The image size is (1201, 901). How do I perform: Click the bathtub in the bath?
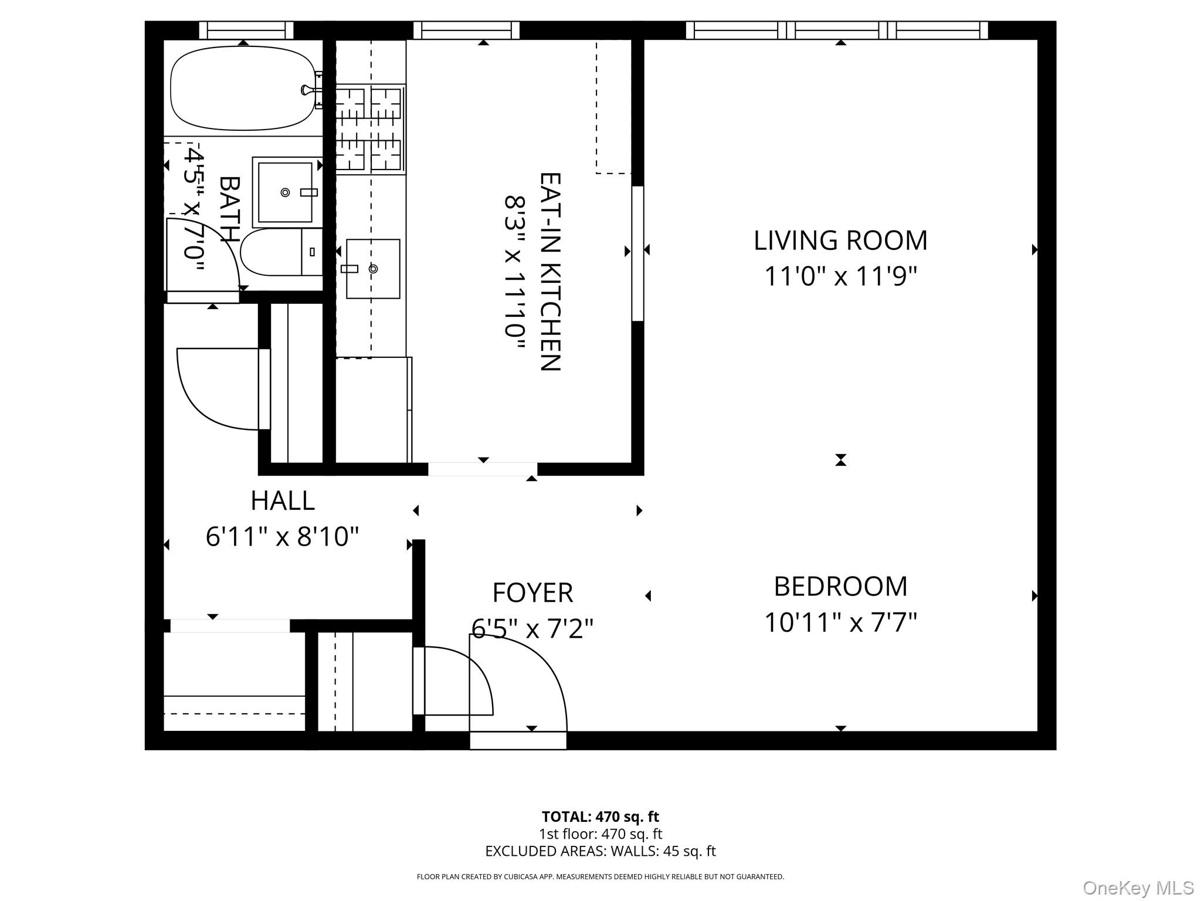pyautogui.click(x=242, y=89)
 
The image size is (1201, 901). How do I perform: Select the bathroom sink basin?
pyautogui.click(x=286, y=192)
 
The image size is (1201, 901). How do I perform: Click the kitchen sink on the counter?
pyautogui.click(x=373, y=269)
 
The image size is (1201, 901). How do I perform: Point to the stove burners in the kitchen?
pyautogui.click(x=369, y=129)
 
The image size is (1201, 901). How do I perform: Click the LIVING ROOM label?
pyautogui.click(x=840, y=241)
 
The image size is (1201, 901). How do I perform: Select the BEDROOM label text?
pyautogui.click(x=840, y=587)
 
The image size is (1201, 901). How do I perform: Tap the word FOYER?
pyautogui.click(x=532, y=592)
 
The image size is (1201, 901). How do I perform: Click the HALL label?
pyautogui.click(x=282, y=501)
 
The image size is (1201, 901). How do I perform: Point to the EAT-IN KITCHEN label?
pyautogui.click(x=550, y=271)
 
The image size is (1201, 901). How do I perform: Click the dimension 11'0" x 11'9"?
pyautogui.click(x=840, y=276)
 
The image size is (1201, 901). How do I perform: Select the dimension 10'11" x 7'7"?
pyautogui.click(x=840, y=622)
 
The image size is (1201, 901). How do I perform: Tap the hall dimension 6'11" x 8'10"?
pyautogui.click(x=282, y=536)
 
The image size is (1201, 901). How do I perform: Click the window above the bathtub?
pyautogui.click(x=246, y=30)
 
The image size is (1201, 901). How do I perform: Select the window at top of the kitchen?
pyautogui.click(x=466, y=30)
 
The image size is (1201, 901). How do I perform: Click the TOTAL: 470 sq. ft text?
pyautogui.click(x=600, y=817)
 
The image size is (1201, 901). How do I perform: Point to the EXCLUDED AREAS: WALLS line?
pyautogui.click(x=600, y=851)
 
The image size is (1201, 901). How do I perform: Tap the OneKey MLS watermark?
pyautogui.click(x=1138, y=888)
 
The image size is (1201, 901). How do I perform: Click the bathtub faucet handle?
pyautogui.click(x=306, y=90)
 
